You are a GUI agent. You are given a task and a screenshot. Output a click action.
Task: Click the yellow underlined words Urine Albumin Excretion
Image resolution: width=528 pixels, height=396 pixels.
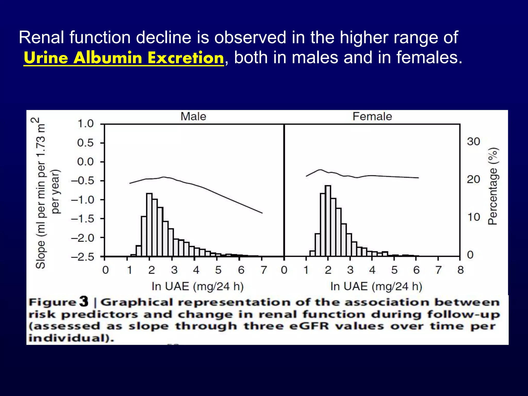coord(124,57)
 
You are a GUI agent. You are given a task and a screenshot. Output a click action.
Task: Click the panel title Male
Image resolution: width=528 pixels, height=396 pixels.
coord(193,117)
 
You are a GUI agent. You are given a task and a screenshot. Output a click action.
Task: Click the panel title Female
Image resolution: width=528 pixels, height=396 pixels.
coord(372,117)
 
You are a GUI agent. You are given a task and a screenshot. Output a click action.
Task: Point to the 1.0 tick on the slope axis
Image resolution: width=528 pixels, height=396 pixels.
coord(86,124)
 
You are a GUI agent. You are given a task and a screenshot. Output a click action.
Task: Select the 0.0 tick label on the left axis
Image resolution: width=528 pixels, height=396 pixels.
coord(86,162)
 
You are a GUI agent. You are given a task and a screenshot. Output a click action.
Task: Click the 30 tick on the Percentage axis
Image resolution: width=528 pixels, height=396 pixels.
coord(474,142)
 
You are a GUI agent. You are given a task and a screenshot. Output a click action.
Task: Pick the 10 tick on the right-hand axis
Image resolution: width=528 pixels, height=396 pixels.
coord(474,217)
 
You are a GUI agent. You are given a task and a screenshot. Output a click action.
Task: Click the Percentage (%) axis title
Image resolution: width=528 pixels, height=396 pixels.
coord(493,186)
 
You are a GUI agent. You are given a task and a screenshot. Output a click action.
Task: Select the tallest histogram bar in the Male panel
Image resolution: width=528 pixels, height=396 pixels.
coord(149,224)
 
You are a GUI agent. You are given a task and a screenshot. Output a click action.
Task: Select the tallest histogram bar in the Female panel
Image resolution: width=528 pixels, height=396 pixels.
coord(328,220)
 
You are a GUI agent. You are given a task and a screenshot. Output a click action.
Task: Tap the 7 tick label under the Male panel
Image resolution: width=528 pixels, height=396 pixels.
coord(263,270)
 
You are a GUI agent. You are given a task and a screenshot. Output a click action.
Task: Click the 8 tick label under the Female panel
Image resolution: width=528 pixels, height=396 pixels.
coord(460,270)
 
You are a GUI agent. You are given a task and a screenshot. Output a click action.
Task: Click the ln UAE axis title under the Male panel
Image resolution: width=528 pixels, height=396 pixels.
coord(197,286)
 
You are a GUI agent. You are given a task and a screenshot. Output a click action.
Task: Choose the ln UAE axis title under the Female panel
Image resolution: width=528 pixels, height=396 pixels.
coord(376,286)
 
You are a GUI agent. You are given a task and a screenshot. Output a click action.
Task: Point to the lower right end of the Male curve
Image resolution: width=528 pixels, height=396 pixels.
coord(262,213)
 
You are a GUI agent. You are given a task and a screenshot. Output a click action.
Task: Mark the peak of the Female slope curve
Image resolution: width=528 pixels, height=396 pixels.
coord(320,170)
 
